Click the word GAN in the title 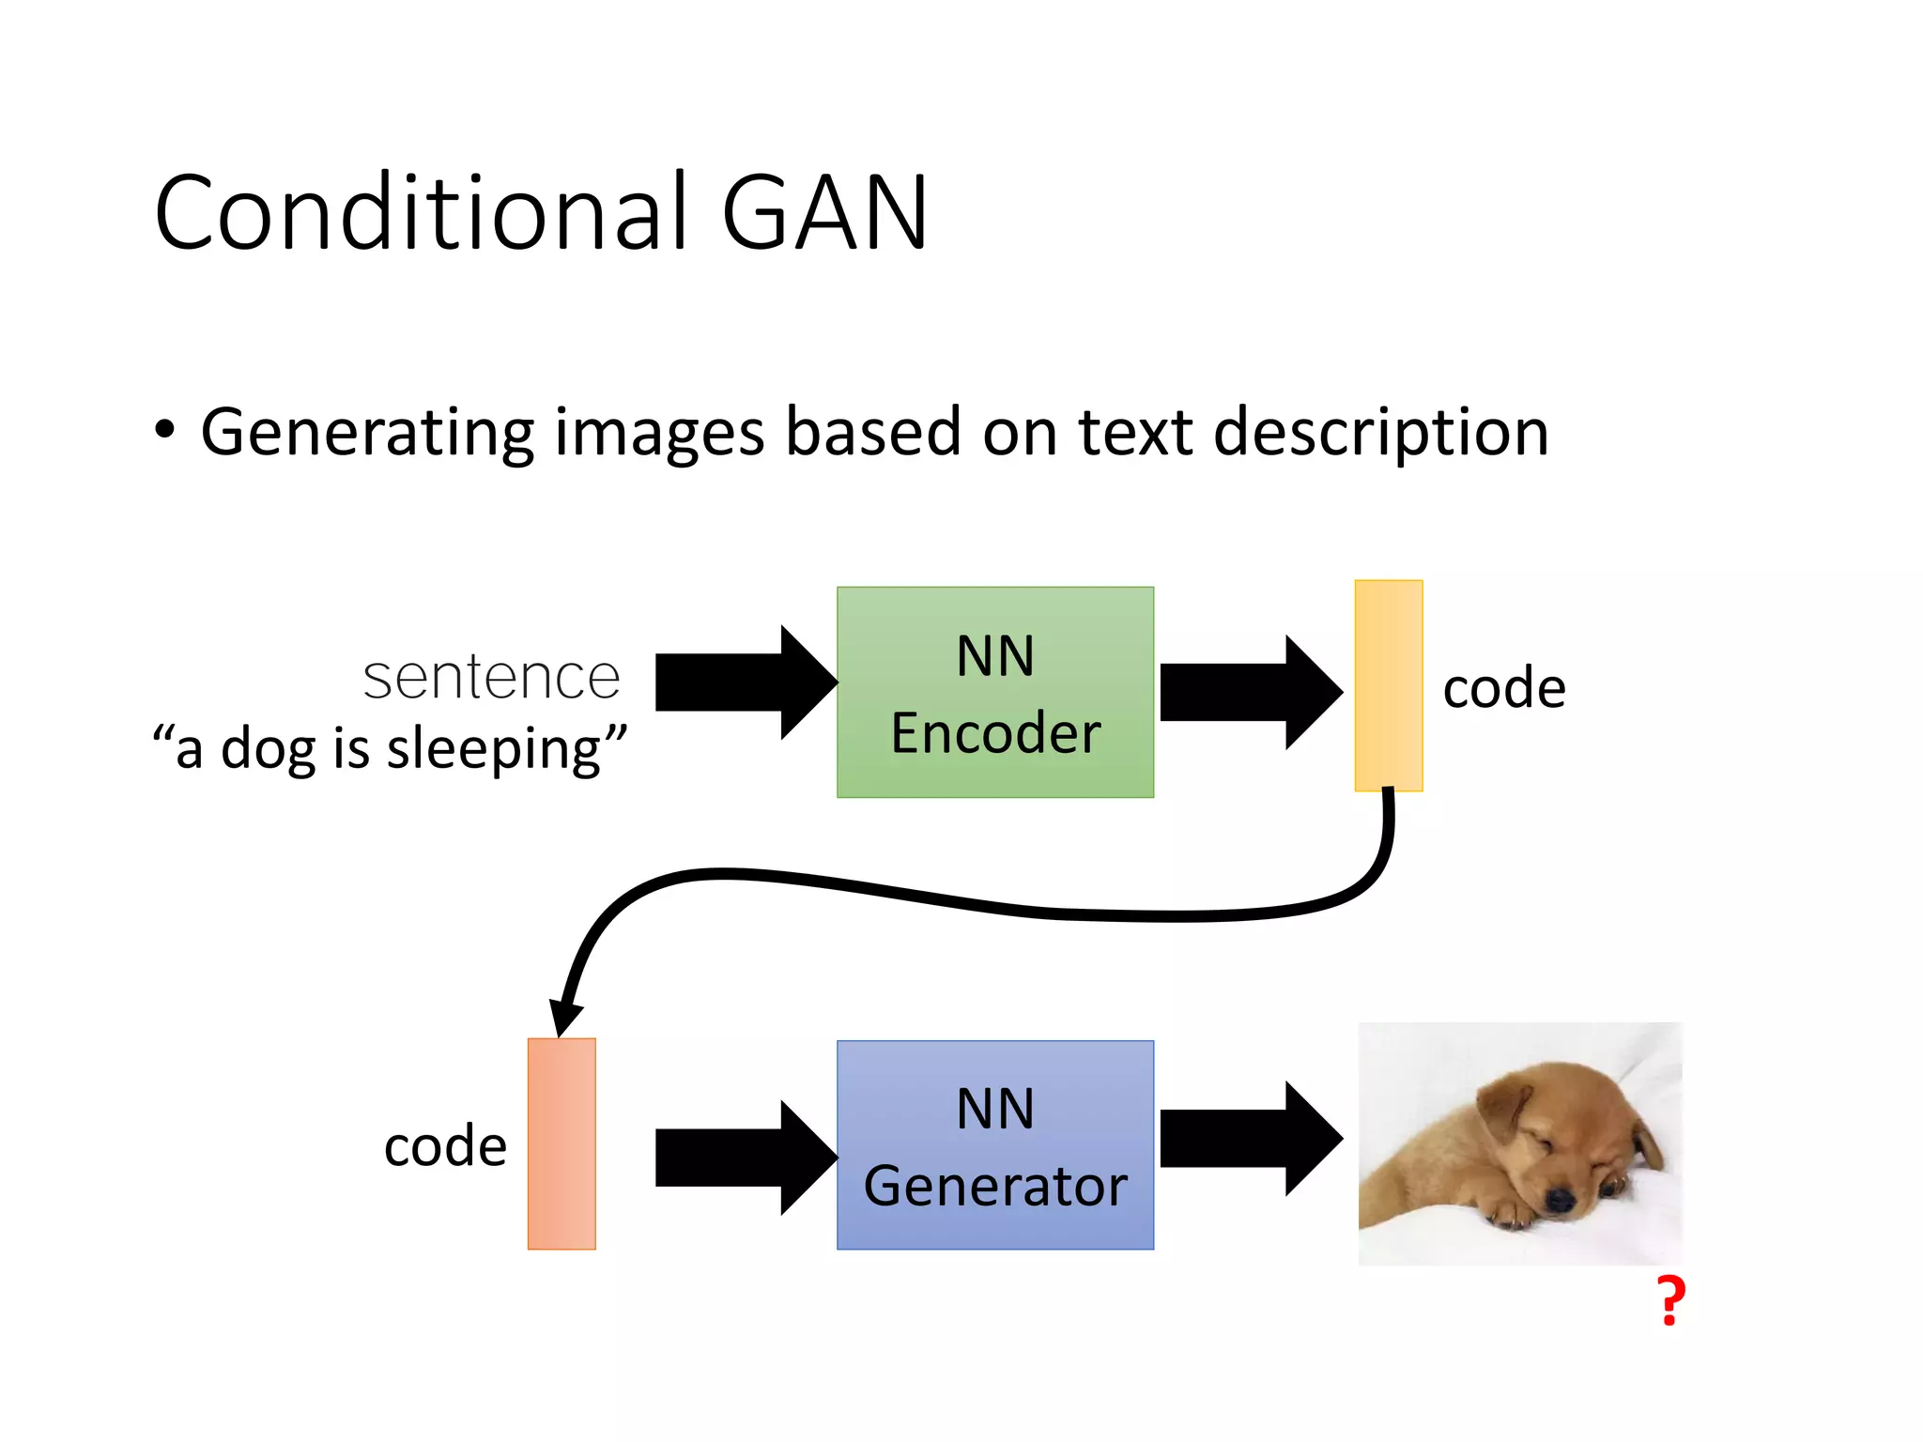(x=824, y=214)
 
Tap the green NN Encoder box (x=995, y=692)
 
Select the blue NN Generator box (x=995, y=1145)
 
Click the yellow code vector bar (x=1388, y=685)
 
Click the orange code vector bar (x=562, y=1143)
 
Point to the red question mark (x=1671, y=1301)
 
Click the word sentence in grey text (x=491, y=678)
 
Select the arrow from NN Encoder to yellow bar (x=1249, y=692)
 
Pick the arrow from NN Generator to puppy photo (x=1249, y=1139)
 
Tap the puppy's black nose (x=1560, y=1199)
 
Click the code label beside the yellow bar (x=1504, y=688)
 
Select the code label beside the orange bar (x=445, y=1146)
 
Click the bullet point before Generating (x=165, y=431)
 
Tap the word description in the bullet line (x=1380, y=434)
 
